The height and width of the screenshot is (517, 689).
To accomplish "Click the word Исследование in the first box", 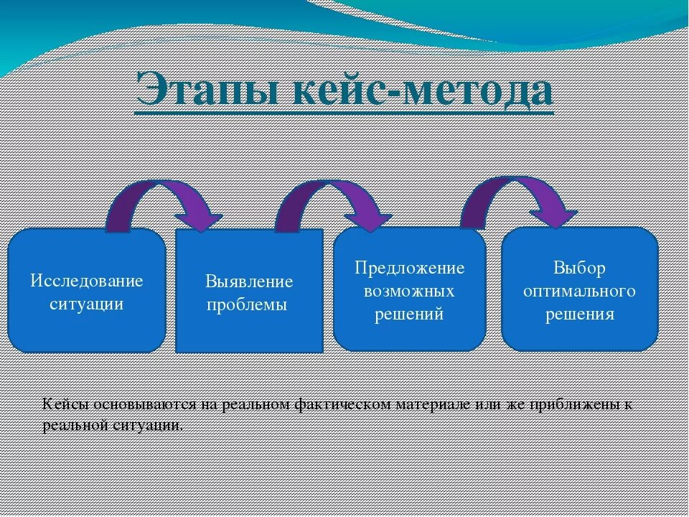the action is (87, 280).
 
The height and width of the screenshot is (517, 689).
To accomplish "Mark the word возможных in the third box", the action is (409, 292).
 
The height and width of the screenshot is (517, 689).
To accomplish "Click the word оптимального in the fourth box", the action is (579, 292).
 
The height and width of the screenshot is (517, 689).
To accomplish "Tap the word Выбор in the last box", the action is (579, 269).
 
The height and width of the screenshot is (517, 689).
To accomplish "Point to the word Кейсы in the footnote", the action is (65, 404).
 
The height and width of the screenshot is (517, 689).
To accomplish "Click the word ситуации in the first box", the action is (87, 304).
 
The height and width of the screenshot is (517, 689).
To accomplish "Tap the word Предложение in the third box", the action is (409, 268).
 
